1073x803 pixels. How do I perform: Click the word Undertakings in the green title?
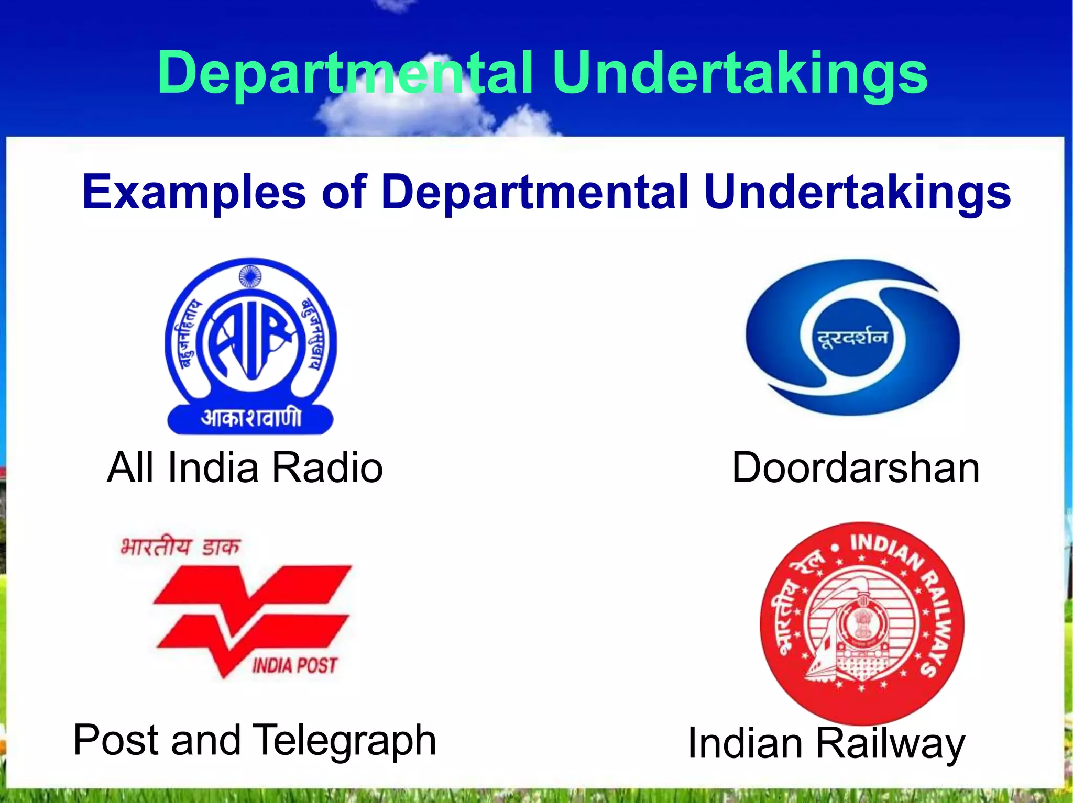(x=739, y=73)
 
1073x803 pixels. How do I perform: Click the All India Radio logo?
(x=250, y=345)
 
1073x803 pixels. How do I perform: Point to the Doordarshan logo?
(x=852, y=338)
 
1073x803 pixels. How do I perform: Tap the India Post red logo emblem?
(x=251, y=618)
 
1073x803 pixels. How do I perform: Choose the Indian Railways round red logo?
(x=862, y=623)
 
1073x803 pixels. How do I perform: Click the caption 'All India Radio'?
(x=245, y=467)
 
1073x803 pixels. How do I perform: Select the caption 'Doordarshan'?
(x=855, y=467)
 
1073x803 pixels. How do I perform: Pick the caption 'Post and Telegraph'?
(x=255, y=740)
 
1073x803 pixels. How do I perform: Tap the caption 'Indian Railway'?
(x=826, y=743)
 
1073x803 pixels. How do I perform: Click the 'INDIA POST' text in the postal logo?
(x=294, y=666)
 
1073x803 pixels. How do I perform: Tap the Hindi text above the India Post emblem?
(x=180, y=548)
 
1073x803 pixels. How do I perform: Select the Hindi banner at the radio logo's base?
(x=250, y=419)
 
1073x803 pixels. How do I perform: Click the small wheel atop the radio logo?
(x=250, y=276)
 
